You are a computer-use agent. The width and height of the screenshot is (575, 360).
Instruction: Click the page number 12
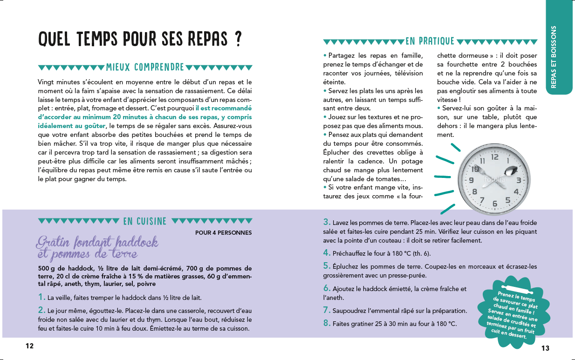click(30, 346)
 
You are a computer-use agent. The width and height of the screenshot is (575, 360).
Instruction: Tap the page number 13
click(546, 348)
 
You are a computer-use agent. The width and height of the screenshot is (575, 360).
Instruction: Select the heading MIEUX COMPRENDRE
click(145, 68)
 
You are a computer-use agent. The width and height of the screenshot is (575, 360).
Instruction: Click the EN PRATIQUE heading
click(430, 41)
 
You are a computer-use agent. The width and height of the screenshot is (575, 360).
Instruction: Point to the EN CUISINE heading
click(145, 221)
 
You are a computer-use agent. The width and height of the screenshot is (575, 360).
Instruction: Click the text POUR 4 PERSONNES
click(223, 233)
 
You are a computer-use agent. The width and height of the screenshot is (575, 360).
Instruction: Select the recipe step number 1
click(41, 297)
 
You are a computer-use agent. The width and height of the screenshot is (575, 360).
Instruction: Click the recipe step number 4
click(327, 253)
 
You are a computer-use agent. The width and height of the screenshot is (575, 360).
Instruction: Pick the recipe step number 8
click(327, 323)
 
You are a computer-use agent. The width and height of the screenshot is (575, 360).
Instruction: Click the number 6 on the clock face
click(495, 204)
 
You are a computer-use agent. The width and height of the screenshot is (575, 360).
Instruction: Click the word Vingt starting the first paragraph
click(46, 82)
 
